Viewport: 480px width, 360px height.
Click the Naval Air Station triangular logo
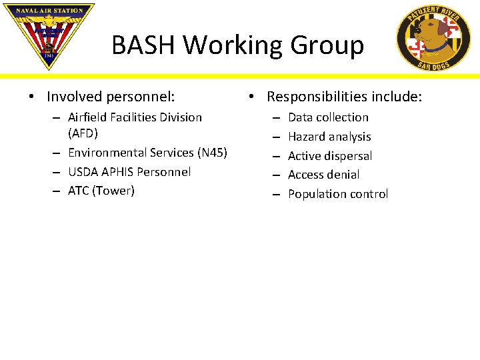(x=48, y=33)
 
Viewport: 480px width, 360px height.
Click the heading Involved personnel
(x=111, y=97)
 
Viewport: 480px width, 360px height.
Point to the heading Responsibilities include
(x=344, y=97)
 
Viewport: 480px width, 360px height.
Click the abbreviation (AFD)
(x=83, y=133)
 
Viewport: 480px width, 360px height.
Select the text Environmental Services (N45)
(x=147, y=153)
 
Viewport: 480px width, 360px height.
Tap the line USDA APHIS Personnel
(x=129, y=171)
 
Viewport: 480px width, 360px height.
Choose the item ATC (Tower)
(x=101, y=191)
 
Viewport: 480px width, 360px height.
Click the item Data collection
(x=328, y=117)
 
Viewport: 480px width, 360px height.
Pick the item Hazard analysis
(x=329, y=137)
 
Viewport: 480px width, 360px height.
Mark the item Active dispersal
(x=330, y=156)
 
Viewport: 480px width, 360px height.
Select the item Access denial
(x=323, y=175)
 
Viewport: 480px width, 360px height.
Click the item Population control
(x=337, y=194)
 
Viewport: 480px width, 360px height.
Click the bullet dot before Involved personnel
(x=33, y=97)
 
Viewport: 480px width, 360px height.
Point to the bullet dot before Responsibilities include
(x=252, y=97)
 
